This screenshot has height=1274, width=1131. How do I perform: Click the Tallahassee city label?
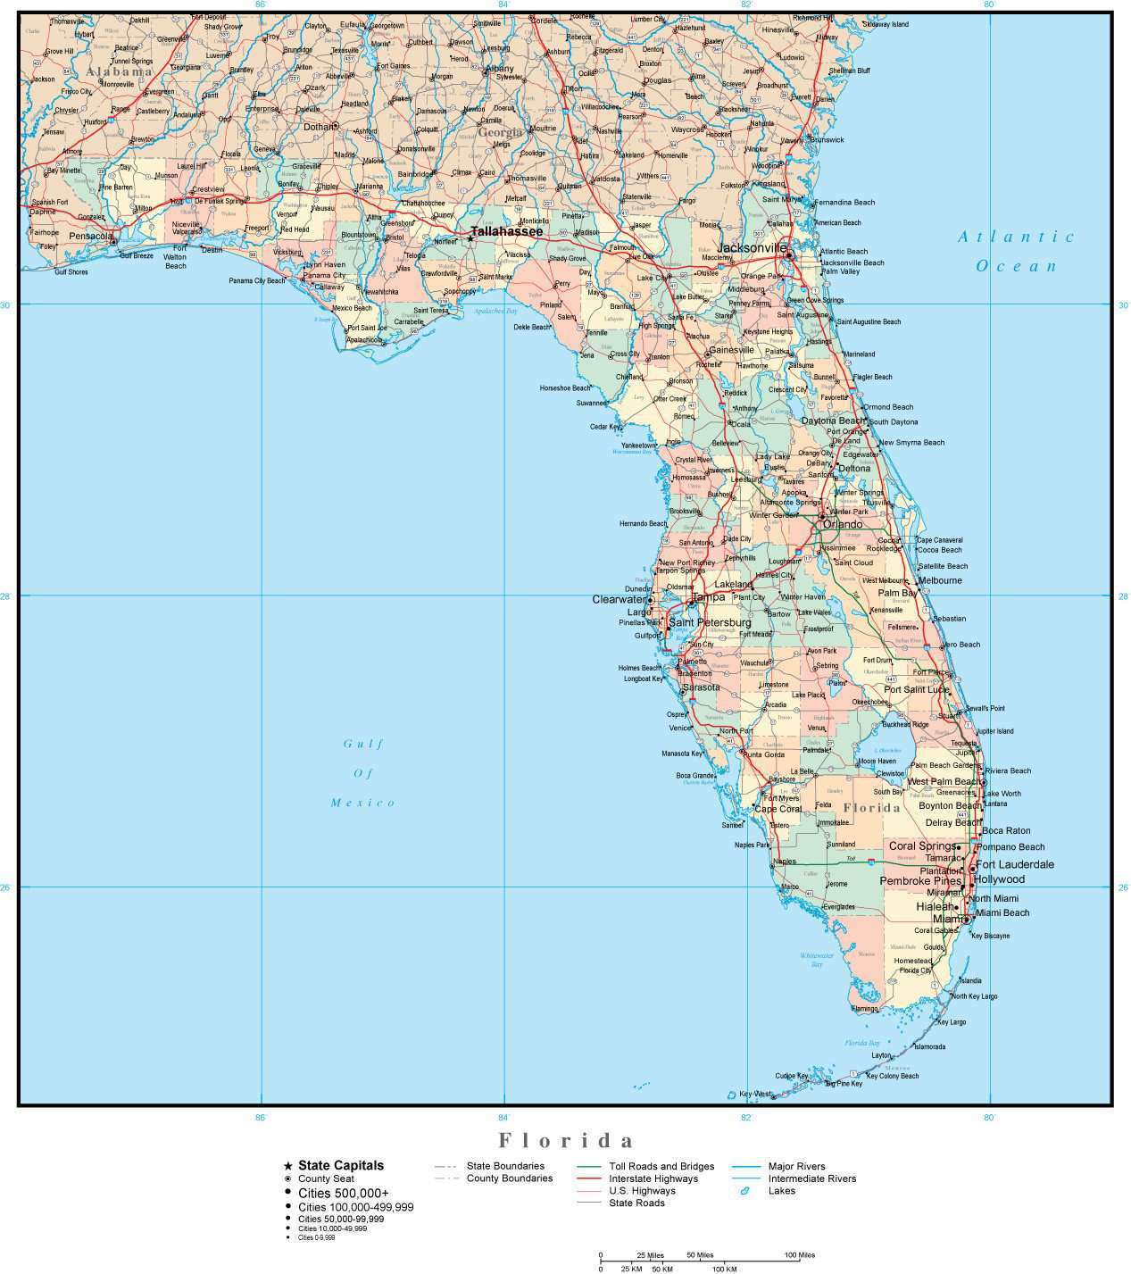point(506,231)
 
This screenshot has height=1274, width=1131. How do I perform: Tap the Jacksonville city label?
point(753,246)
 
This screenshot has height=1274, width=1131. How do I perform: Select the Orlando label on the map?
point(843,524)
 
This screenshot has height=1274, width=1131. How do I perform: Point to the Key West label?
point(755,1093)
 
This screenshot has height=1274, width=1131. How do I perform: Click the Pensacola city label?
point(92,237)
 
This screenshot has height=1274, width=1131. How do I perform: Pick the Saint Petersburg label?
point(710,622)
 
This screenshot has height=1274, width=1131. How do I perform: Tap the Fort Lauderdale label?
point(1015,864)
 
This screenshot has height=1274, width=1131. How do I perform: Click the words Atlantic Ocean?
point(1016,251)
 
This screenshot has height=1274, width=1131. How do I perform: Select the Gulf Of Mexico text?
point(363,772)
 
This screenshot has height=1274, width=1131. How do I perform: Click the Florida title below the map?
point(566,1140)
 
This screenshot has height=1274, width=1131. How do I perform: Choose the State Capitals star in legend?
point(287,1166)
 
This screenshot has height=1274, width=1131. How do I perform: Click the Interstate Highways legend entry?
point(653,1178)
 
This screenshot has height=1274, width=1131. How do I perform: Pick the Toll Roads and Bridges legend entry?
point(661,1166)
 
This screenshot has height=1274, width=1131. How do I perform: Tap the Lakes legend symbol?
point(743,1191)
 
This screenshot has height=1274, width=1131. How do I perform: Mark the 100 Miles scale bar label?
point(799,1255)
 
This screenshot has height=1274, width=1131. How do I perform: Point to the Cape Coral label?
point(778,809)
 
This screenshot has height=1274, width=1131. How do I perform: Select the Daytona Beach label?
point(832,421)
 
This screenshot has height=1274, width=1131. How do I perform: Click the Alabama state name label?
point(120,71)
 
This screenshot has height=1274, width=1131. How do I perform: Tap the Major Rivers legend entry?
point(796,1166)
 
